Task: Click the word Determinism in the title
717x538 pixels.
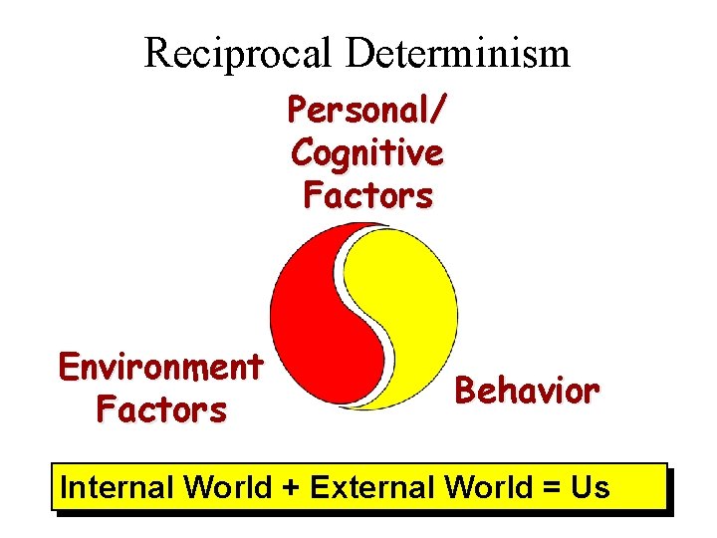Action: pos(458,53)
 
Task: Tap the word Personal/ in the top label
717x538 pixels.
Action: pos(367,110)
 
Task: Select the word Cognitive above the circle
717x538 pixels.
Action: pos(367,152)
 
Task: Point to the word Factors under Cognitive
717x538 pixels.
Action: pos(367,195)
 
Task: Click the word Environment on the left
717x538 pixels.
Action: pos(160,367)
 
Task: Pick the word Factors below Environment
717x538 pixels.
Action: pos(160,409)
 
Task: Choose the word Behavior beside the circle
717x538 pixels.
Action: pos(527,391)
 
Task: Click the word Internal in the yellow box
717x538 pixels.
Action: pos(116,487)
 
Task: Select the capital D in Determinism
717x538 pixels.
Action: pos(358,53)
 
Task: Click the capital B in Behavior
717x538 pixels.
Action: pos(465,391)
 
